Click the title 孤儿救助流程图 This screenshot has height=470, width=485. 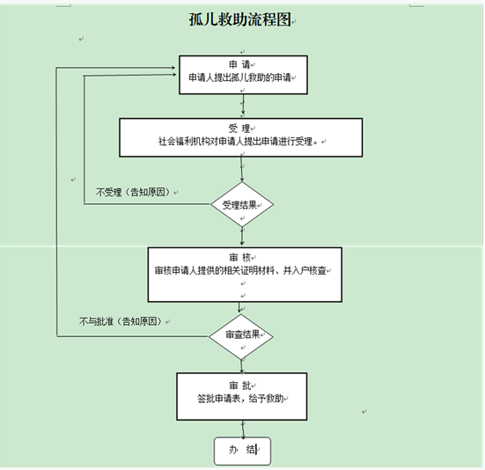point(240,19)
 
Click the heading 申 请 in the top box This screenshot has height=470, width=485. point(239,64)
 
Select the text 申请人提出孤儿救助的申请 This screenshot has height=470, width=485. point(240,77)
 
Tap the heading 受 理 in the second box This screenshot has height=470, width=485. point(239,128)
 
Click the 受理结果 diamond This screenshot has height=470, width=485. point(242,204)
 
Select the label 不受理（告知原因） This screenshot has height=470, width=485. point(133,193)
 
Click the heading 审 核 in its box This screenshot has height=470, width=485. point(239,257)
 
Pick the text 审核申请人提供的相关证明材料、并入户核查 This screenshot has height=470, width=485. point(240,270)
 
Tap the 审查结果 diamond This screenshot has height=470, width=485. point(241,337)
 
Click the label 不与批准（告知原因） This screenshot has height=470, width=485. point(121,321)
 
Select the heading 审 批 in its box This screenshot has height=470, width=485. point(240,386)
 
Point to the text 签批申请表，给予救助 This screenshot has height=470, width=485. point(240,399)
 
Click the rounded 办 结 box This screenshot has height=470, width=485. point(243,451)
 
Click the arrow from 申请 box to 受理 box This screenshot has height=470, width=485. point(243,105)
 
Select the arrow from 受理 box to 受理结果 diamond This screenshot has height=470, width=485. point(242,170)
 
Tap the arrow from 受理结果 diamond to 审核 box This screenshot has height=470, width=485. point(242,237)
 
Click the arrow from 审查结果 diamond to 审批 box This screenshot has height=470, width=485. point(242,366)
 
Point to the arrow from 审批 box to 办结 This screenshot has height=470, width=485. point(243,429)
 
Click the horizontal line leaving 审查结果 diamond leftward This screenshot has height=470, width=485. point(133,336)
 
